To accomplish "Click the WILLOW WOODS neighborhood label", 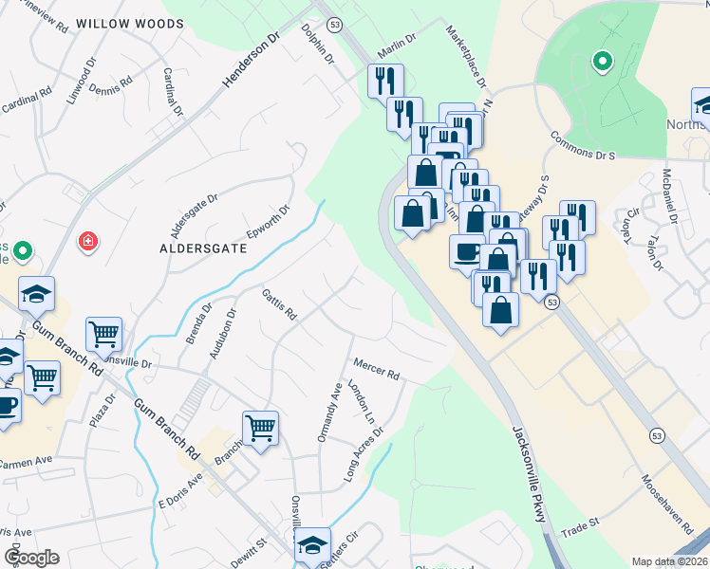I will tap(129, 23).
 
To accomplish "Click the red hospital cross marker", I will tap(89, 243).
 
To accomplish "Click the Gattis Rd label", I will tap(280, 304).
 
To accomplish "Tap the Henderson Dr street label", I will tap(252, 59).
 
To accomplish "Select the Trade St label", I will tap(581, 523).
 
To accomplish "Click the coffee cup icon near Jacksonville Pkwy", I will tap(467, 251).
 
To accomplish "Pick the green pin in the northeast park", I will tap(601, 63).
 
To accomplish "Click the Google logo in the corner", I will tap(30, 558).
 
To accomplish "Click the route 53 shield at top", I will tap(334, 24).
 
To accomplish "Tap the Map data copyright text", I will tap(670, 561).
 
